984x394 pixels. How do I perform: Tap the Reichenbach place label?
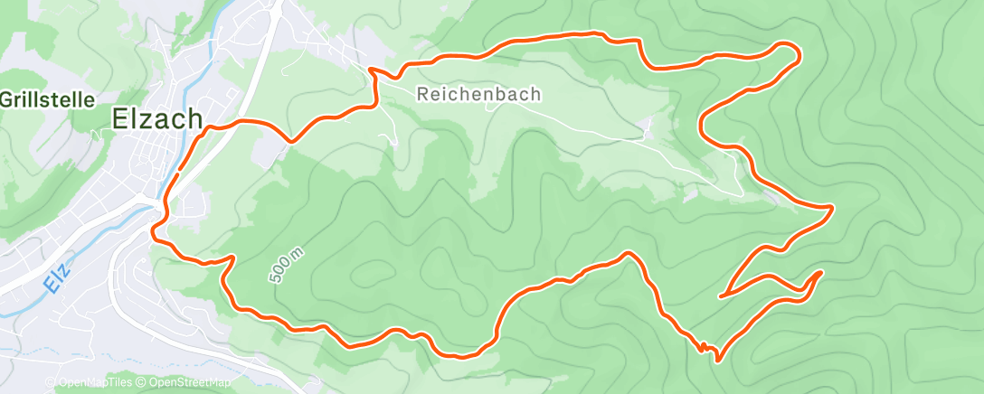tap(479, 93)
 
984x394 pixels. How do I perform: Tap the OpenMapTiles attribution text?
tap(94, 383)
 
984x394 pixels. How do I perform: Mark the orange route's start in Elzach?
tap(179, 169)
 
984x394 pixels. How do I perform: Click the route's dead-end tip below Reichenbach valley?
tap(721, 295)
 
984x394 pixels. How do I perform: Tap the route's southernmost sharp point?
tap(717, 361)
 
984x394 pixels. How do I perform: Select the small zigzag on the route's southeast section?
tap(701, 344)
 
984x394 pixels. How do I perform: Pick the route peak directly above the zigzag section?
tap(626, 255)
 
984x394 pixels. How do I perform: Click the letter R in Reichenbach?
tap(424, 93)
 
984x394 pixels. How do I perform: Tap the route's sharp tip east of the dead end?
tap(820, 272)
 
